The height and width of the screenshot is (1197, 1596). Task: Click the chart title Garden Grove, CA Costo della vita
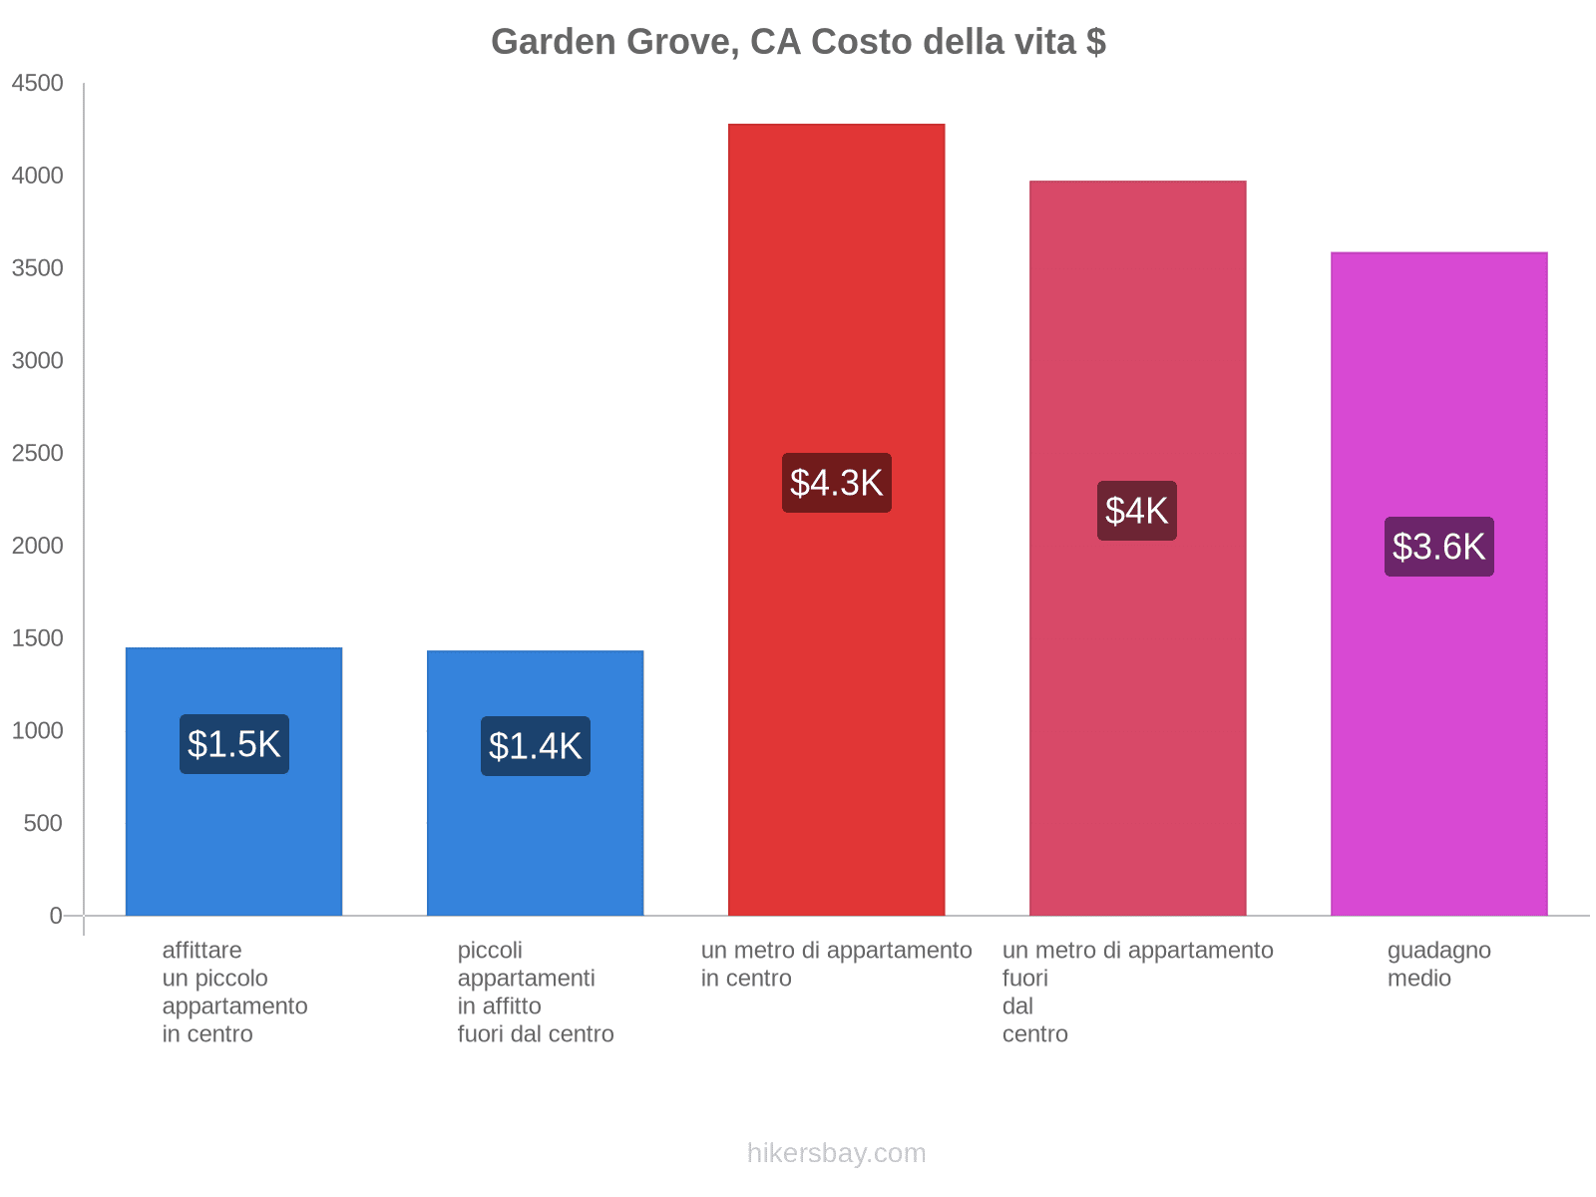point(798,42)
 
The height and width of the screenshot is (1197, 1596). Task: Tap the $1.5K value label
point(234,744)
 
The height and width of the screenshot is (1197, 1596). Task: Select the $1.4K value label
point(535,746)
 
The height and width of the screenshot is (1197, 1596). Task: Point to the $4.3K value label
point(836,483)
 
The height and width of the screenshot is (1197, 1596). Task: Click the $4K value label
point(1136,511)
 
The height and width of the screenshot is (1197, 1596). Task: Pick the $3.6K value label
point(1438,547)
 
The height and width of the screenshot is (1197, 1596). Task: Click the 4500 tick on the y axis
point(38,84)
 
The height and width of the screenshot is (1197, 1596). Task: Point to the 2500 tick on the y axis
point(38,454)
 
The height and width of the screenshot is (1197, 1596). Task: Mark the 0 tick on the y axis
point(56,916)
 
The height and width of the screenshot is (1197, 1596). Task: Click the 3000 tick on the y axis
point(38,361)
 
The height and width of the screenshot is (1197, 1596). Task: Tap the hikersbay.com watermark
point(836,1153)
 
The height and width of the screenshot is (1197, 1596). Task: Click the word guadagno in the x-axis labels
point(1438,951)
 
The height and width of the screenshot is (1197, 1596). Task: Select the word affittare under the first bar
point(201,951)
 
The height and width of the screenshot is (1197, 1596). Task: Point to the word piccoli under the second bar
point(490,951)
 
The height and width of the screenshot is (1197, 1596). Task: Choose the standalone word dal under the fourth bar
point(1017,1006)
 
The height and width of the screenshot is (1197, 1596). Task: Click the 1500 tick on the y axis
point(38,638)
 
